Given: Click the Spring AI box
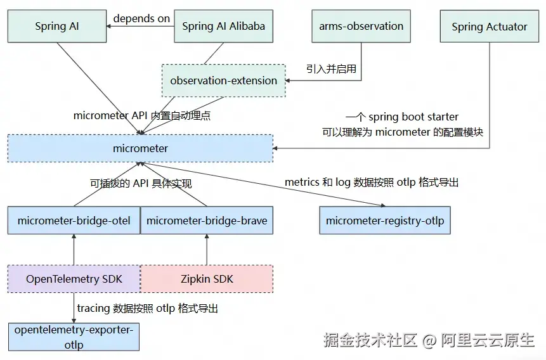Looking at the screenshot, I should (x=57, y=26).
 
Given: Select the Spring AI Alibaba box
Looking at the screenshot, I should (x=223, y=26).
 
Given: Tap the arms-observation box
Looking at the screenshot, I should (x=361, y=26).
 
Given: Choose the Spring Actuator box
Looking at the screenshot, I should (x=489, y=27).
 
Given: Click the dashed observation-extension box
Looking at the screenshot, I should (x=223, y=80).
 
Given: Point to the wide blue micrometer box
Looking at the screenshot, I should (x=140, y=148).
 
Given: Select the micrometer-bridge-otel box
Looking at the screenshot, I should (x=74, y=221).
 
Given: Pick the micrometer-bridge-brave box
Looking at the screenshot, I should (x=207, y=221).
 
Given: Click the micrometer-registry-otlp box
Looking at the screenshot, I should (x=385, y=221).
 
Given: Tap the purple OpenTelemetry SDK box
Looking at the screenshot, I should (x=74, y=279).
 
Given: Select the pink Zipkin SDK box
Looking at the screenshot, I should (x=207, y=279).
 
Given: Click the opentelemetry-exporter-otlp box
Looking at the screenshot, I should (x=74, y=337).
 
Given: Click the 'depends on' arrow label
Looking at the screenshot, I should (x=141, y=18).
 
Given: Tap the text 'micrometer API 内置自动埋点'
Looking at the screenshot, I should (x=142, y=115).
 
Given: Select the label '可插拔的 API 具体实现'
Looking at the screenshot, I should (x=141, y=183).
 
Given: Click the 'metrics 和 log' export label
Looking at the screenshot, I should (x=371, y=182).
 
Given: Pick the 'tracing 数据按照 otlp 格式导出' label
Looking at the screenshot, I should (x=148, y=308).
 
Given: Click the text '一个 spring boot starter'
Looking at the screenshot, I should (x=402, y=117).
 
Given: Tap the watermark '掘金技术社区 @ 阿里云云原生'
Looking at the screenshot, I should (x=429, y=340).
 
